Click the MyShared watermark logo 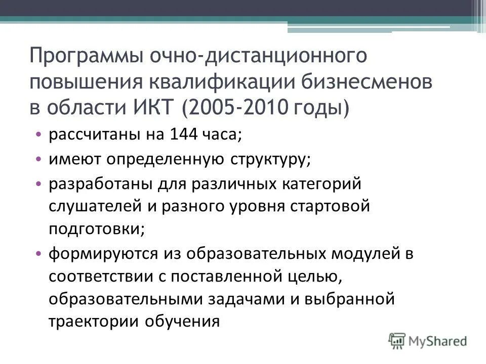pyautogui.click(x=427, y=340)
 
